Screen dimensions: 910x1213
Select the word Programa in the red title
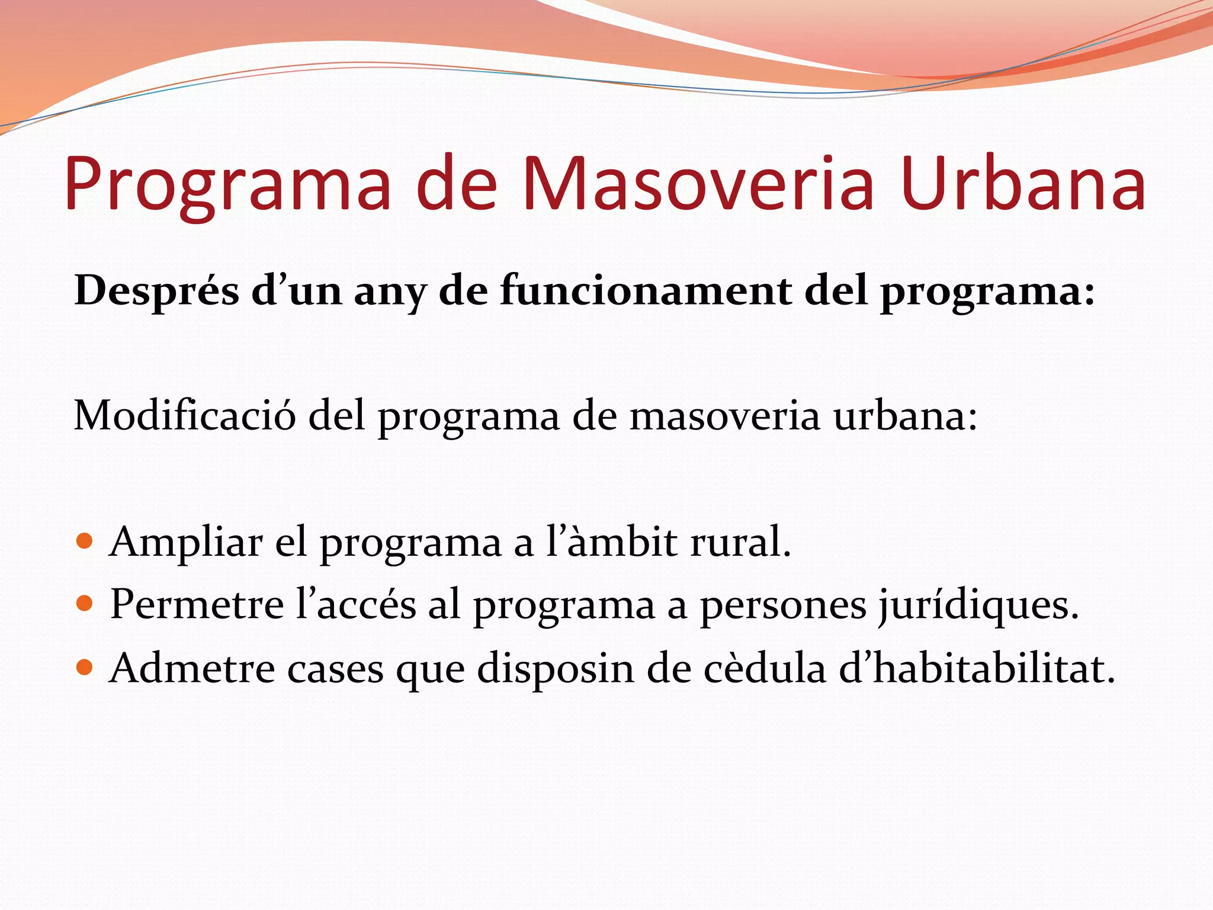click(x=227, y=185)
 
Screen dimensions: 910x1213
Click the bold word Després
click(x=156, y=291)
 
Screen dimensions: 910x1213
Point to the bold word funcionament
click(x=646, y=291)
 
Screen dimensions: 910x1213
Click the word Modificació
click(x=184, y=416)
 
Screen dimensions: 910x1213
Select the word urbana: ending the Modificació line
click(x=906, y=416)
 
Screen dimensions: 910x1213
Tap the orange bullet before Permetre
click(x=85, y=604)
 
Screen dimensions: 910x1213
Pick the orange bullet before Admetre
click(x=85, y=668)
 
